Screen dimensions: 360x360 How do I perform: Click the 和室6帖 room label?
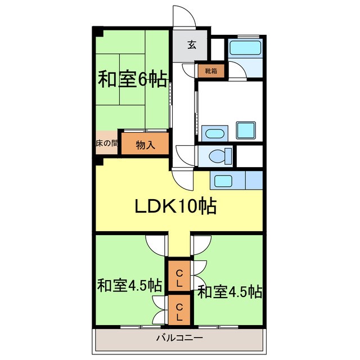[132, 79]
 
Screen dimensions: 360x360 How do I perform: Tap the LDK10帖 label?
[175, 207]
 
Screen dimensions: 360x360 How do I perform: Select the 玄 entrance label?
[192, 46]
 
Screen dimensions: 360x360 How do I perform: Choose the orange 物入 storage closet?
[145, 145]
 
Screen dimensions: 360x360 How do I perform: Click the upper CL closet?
[179, 278]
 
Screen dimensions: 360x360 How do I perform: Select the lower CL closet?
[179, 312]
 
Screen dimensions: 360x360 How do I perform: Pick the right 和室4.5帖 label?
[229, 292]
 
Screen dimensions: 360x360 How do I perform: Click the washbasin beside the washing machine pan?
[213, 133]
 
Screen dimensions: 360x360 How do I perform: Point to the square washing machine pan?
[246, 130]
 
